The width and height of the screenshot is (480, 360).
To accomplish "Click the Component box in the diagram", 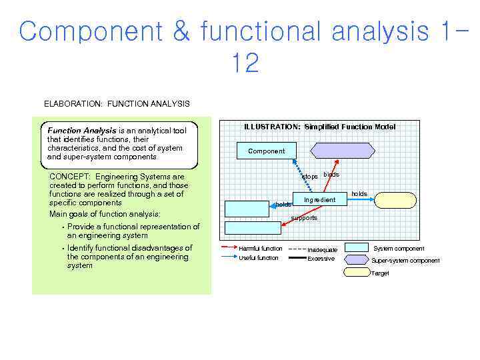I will [266, 151].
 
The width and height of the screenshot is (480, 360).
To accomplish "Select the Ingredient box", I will [319, 199].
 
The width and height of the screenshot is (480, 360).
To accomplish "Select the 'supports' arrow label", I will [305, 218].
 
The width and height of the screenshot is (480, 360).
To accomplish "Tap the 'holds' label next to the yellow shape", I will [359, 193].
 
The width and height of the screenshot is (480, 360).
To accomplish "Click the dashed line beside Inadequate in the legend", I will [297, 249].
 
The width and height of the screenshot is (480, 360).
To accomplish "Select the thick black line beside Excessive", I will [297, 259].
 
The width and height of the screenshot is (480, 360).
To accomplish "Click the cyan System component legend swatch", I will [356, 248].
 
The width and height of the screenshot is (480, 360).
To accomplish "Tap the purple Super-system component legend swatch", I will [356, 259].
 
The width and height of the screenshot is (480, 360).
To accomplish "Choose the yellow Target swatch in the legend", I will [356, 271].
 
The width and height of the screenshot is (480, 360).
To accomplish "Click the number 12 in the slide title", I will [245, 64].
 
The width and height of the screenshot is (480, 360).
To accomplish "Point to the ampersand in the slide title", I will [181, 32].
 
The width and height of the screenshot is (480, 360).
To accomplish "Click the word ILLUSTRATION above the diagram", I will [272, 127].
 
